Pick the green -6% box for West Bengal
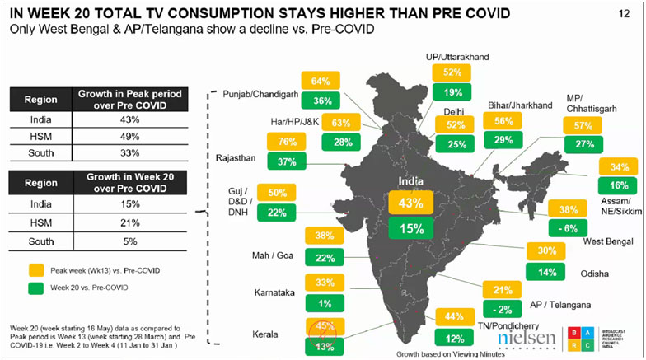click(568, 228)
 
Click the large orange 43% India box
click(410, 203)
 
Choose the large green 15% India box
click(410, 229)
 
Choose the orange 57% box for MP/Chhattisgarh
click(583, 126)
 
